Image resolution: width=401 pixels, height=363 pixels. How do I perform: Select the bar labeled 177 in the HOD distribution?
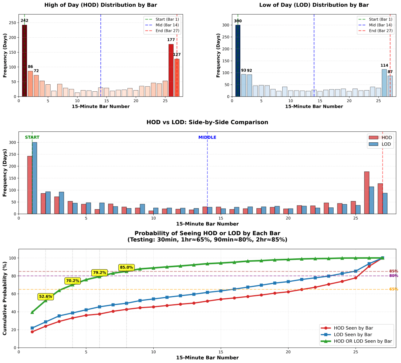click(171, 70)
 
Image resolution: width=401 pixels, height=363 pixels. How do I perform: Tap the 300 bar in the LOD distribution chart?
click(238, 61)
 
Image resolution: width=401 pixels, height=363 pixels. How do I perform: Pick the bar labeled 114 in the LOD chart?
click(384, 83)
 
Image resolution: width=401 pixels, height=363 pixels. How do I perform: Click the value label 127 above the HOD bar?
click(177, 54)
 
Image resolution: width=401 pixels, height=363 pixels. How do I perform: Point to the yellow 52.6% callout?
click(45, 297)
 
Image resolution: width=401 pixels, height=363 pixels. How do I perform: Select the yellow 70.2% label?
click(73, 281)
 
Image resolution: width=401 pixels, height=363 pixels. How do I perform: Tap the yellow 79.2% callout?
click(99, 272)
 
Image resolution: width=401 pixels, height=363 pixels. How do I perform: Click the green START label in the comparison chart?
click(32, 137)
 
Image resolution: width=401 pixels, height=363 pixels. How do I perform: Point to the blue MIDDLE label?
click(207, 137)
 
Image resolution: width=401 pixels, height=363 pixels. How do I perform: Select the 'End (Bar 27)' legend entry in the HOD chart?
click(165, 31)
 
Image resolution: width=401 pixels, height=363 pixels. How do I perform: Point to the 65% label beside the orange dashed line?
click(393, 289)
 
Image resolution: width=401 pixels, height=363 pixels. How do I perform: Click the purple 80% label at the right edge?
click(393, 276)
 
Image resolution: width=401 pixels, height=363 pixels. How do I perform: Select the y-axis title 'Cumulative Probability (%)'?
click(5, 298)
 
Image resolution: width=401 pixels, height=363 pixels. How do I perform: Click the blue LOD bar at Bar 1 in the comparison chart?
click(35, 178)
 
